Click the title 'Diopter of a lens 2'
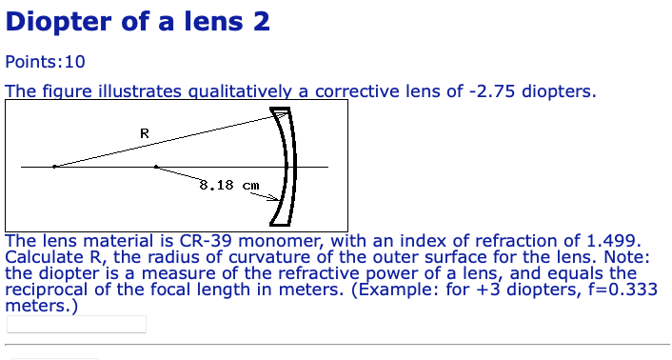pyautogui.click(x=137, y=21)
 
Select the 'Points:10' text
pyautogui.click(x=45, y=62)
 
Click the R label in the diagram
pyautogui.click(x=144, y=133)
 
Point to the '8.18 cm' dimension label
pyautogui.click(x=228, y=185)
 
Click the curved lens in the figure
pyautogui.click(x=287, y=167)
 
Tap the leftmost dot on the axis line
pyautogui.click(x=54, y=167)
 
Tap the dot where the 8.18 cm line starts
pyautogui.click(x=155, y=167)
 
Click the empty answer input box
pyautogui.click(x=76, y=324)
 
